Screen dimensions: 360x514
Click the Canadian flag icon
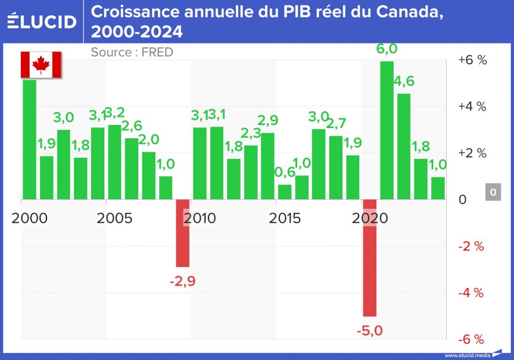pyautogui.click(x=41, y=64)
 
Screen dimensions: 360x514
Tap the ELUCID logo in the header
pyautogui.click(x=42, y=21)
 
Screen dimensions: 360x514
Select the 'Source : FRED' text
pyautogui.click(x=132, y=52)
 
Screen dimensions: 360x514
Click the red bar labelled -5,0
pyautogui.click(x=370, y=257)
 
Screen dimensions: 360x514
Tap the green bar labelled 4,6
pyautogui.click(x=403, y=146)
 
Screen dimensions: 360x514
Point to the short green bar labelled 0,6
pyautogui.click(x=285, y=191)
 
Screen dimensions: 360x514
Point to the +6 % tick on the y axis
pyautogui.click(x=472, y=60)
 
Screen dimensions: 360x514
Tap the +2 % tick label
pyautogui.click(x=472, y=153)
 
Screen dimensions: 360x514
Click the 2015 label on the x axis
pyautogui.click(x=285, y=218)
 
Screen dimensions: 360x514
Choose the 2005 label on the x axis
pyautogui.click(x=115, y=218)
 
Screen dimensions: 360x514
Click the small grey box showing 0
pyautogui.click(x=493, y=193)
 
